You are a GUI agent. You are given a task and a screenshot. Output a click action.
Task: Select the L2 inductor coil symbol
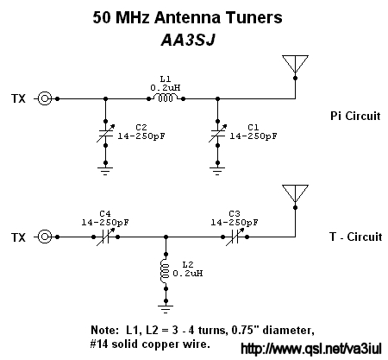tap(165, 271)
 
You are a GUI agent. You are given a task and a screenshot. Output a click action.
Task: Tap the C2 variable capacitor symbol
tap(105, 133)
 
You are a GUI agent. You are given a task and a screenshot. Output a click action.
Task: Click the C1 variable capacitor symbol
tap(217, 133)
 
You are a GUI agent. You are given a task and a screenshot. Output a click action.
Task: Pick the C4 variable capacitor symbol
tap(105, 237)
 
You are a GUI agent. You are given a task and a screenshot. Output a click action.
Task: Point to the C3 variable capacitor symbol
tap(235, 237)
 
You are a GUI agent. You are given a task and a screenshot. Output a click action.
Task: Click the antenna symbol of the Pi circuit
tap(295, 64)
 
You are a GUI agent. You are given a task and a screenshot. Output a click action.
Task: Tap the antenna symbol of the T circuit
tap(295, 193)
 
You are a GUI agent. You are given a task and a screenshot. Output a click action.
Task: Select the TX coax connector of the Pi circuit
tap(45, 98)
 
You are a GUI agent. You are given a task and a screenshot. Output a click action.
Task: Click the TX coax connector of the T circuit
tap(45, 237)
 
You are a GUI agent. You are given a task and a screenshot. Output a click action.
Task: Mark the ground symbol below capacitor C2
tap(105, 171)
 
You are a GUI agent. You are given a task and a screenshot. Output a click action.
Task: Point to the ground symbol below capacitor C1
tap(217, 171)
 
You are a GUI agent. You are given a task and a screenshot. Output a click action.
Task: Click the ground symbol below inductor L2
tap(166, 309)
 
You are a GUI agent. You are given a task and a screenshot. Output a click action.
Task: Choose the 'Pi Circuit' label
tap(355, 116)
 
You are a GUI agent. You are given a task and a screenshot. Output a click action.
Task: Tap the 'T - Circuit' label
tap(356, 237)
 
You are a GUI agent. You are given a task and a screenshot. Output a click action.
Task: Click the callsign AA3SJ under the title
tap(188, 40)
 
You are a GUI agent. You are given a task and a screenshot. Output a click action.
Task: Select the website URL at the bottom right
tap(311, 349)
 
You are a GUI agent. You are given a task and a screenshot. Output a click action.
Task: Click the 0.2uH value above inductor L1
tap(166, 87)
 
